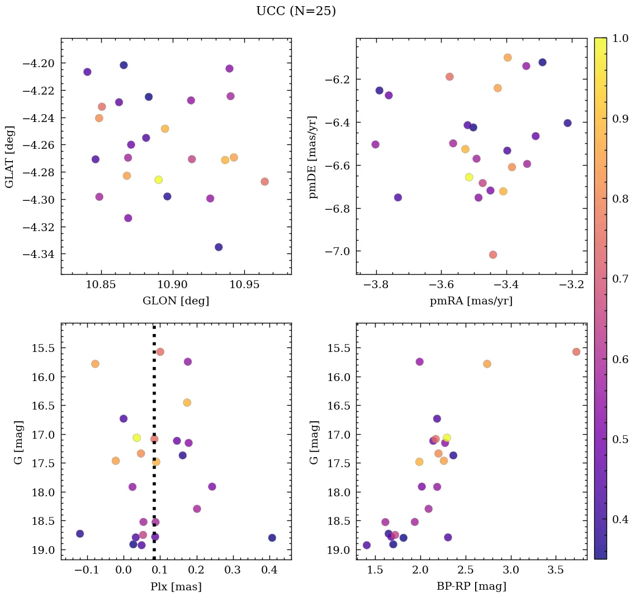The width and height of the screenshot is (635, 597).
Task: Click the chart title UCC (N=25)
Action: click(296, 11)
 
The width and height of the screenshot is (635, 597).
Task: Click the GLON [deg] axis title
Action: click(176, 301)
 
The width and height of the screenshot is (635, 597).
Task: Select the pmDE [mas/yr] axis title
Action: click(313, 157)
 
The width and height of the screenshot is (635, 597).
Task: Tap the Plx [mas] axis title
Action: click(176, 586)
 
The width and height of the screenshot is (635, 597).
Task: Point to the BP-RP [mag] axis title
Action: click(471, 586)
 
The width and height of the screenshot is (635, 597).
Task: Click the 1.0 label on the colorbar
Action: click(619, 38)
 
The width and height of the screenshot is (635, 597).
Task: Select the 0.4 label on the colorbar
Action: click(619, 519)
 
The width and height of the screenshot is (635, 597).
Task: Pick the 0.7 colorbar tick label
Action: click(619, 279)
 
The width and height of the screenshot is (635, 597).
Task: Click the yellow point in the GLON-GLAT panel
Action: click(159, 180)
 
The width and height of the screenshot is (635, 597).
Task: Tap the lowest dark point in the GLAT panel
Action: click(219, 247)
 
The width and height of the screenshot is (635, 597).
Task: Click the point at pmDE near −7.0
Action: click(493, 255)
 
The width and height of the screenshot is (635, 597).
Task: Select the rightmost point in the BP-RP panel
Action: click(576, 352)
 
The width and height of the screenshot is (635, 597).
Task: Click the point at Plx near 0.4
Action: click(272, 538)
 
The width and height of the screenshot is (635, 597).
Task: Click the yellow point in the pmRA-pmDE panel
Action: click(469, 177)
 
